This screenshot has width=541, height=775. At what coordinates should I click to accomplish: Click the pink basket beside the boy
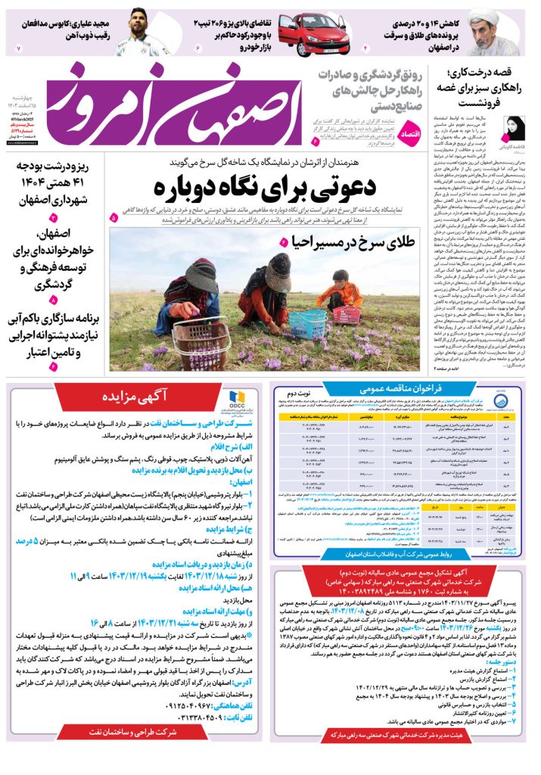[347, 313]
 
